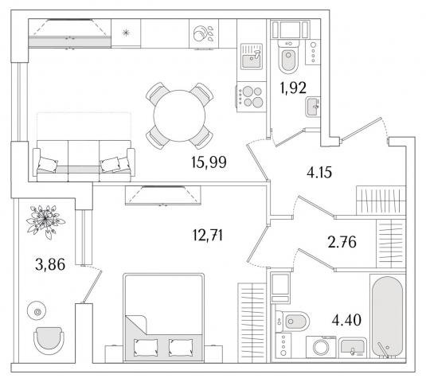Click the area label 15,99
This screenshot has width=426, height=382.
209,162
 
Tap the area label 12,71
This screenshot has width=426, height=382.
208,235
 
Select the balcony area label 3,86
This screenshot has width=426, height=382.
50,264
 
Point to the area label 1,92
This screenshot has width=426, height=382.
293,88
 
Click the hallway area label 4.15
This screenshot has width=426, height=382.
319,172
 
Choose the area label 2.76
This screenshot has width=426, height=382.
342,242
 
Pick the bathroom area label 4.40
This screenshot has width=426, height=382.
346,320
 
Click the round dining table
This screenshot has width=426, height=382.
179,115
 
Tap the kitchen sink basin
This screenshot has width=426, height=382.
252,60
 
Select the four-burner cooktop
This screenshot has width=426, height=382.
252,96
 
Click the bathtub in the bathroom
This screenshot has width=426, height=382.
388,317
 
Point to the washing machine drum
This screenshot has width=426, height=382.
321,347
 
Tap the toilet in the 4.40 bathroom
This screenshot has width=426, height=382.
292,322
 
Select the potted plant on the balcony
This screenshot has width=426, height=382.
45,220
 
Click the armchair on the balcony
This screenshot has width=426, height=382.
49,341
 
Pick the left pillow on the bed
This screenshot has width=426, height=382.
146,347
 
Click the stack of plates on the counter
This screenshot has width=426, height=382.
200,33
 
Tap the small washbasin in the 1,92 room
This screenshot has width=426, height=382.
313,107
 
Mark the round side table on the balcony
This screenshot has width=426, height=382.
37,311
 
